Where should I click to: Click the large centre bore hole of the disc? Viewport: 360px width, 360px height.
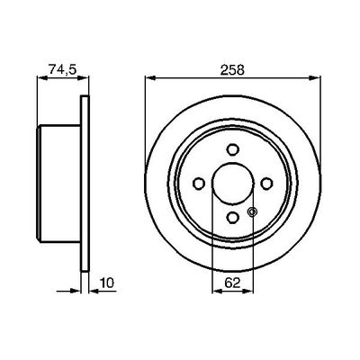click(232, 184)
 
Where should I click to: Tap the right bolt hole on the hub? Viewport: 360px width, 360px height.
click(265, 184)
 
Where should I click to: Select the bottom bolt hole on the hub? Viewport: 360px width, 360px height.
click(232, 217)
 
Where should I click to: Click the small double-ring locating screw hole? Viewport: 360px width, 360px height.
click(251, 211)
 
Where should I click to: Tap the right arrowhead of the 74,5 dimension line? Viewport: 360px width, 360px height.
click(86, 79)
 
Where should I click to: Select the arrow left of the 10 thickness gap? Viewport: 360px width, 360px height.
click(75, 291)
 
